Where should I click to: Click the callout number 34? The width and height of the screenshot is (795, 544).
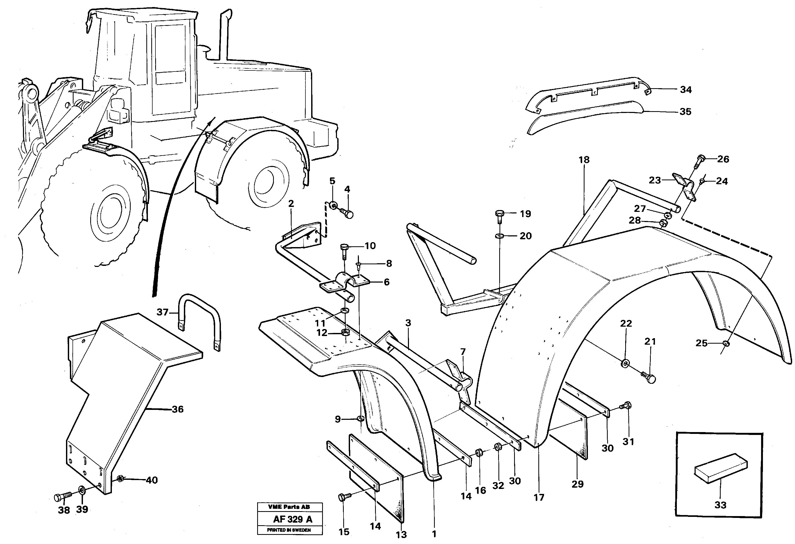685,90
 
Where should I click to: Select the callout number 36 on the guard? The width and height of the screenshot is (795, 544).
178,409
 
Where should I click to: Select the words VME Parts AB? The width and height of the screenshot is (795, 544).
289,507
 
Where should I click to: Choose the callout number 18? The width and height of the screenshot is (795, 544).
584,160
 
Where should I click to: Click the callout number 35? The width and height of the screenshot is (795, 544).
685,111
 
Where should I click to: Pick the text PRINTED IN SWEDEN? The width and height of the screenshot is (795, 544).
289,530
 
